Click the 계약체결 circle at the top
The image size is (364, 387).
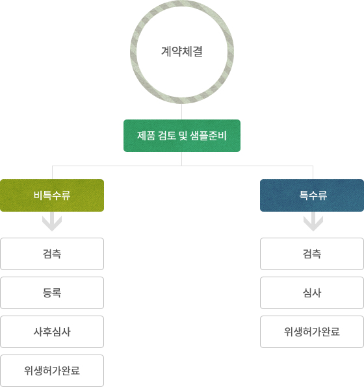point(182,7)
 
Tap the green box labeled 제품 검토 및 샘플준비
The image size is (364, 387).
point(182,136)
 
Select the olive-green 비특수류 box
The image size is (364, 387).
point(52,195)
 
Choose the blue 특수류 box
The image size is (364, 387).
point(312,195)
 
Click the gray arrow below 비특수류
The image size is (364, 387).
point(52,221)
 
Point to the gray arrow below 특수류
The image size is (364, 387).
point(313,221)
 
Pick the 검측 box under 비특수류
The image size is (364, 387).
point(52,254)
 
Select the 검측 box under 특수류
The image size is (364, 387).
point(312,254)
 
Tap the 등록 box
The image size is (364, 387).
point(52,293)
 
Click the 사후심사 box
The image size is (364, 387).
point(52,332)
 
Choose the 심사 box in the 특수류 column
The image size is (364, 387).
point(312,293)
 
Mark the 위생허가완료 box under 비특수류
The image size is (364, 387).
point(52,371)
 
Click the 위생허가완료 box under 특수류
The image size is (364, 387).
point(312,332)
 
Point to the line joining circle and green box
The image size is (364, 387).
point(181,112)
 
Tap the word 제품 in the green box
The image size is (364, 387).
point(146,136)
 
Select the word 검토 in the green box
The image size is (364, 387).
point(167,136)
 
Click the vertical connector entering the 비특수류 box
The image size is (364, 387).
point(52,173)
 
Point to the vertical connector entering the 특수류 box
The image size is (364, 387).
point(313,173)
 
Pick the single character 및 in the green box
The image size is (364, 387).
point(183,136)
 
